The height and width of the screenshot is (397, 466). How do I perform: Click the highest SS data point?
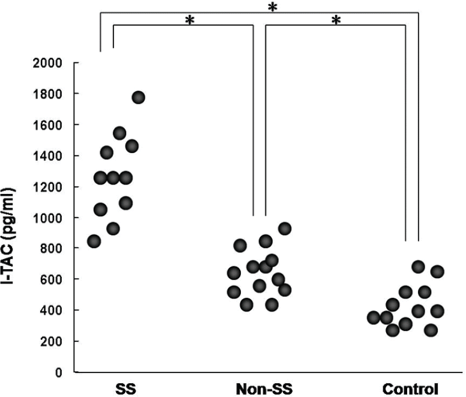138,98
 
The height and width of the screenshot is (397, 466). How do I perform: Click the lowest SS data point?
94,241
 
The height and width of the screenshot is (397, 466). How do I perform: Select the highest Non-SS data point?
284,229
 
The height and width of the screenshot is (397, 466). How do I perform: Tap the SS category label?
126,388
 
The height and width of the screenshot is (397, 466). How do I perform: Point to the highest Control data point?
418,267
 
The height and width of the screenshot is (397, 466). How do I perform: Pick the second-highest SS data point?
119,133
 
